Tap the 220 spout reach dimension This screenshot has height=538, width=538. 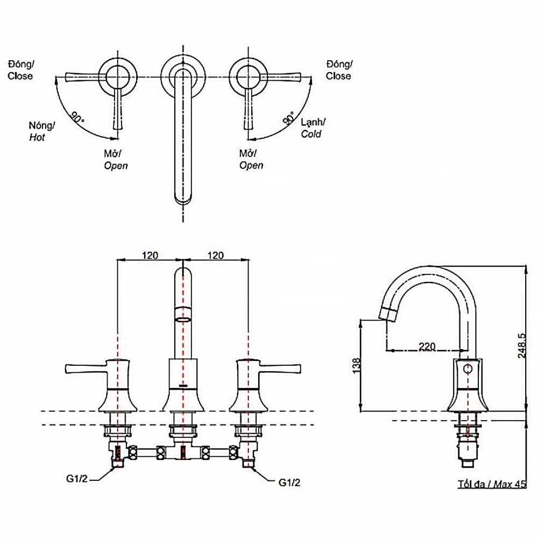427,346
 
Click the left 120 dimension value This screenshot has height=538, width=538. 150,256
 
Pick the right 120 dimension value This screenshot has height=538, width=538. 215,256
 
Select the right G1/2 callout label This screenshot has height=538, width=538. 289,483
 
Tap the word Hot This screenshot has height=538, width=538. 37,138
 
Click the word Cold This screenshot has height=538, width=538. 311,134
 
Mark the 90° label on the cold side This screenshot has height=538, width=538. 289,118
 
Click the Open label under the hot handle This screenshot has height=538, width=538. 116,165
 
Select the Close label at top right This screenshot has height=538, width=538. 338,76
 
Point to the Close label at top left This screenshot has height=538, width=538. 20,76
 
